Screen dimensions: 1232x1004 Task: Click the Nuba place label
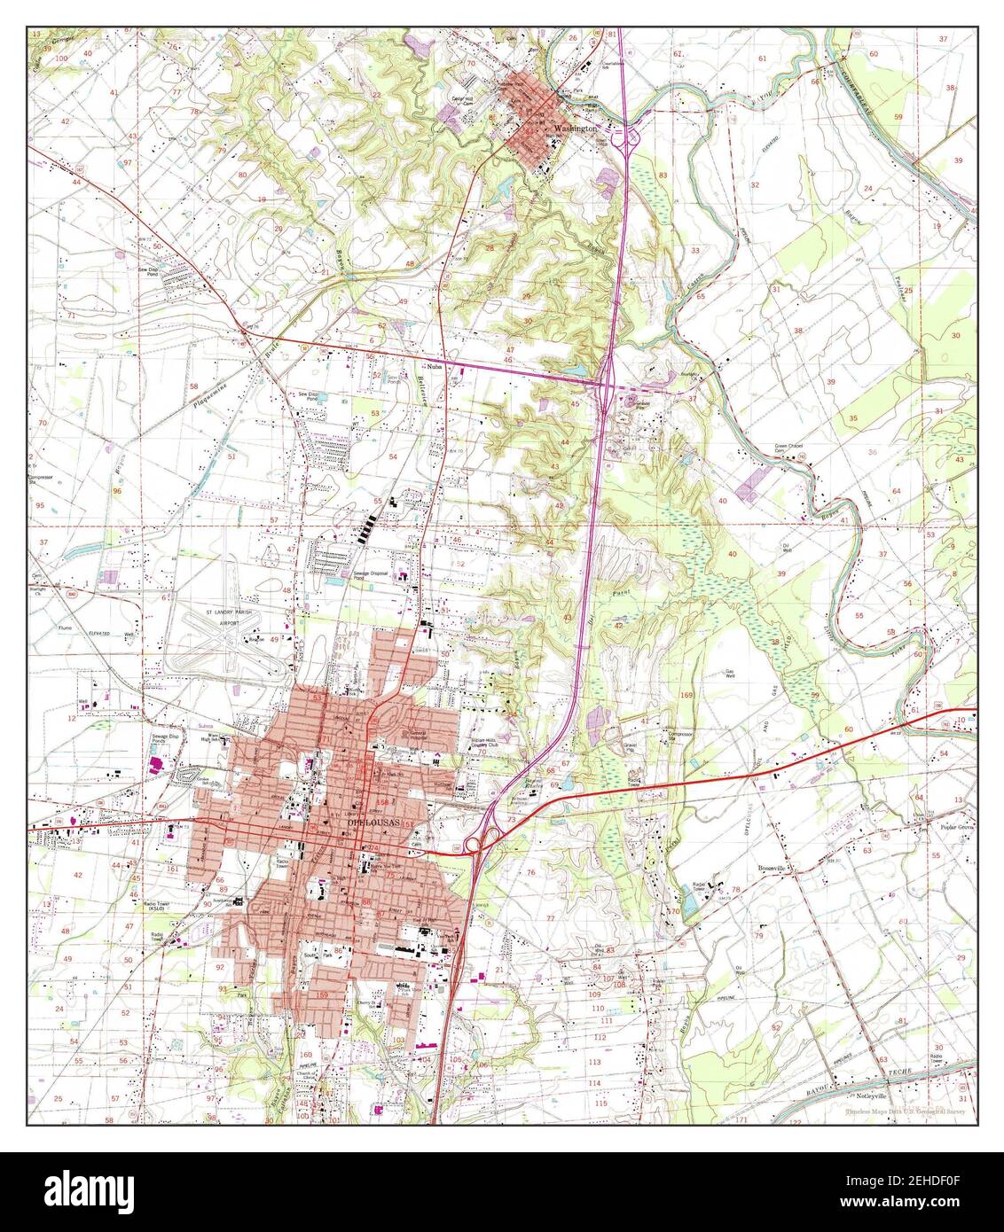[434, 364]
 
